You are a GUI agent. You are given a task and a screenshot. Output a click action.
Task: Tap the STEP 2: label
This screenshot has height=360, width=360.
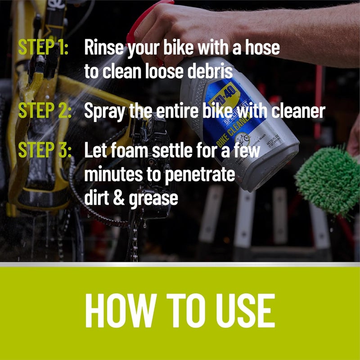pyautogui.click(x=45, y=111)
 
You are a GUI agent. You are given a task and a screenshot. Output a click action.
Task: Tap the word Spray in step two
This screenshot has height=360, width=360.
pyautogui.click(x=104, y=111)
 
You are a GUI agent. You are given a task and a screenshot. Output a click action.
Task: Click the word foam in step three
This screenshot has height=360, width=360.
pyautogui.click(x=131, y=151)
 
